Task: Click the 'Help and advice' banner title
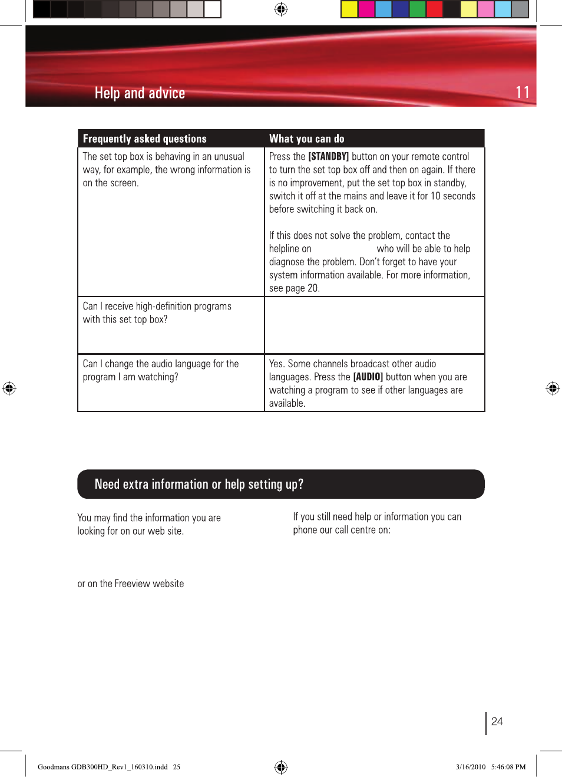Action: [140, 93]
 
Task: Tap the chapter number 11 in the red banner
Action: [522, 93]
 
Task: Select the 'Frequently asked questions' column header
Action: [145, 139]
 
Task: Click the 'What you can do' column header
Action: [306, 139]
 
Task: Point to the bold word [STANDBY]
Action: [328, 156]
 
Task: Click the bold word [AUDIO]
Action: [368, 377]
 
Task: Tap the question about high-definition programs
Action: [157, 312]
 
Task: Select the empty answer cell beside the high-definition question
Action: [374, 325]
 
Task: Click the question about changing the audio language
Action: [160, 370]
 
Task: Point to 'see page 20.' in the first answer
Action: [294, 288]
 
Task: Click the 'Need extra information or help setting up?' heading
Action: [199, 484]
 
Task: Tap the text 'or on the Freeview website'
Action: [131, 584]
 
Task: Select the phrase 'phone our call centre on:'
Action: [342, 530]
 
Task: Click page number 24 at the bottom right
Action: [497, 722]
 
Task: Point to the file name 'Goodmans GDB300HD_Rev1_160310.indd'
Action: [103, 767]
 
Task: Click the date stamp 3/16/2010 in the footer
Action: [470, 767]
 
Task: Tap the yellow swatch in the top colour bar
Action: [349, 9]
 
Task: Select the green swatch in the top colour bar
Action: [417, 9]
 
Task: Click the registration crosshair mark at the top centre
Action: [281, 9]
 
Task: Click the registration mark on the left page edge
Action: [9, 388]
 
